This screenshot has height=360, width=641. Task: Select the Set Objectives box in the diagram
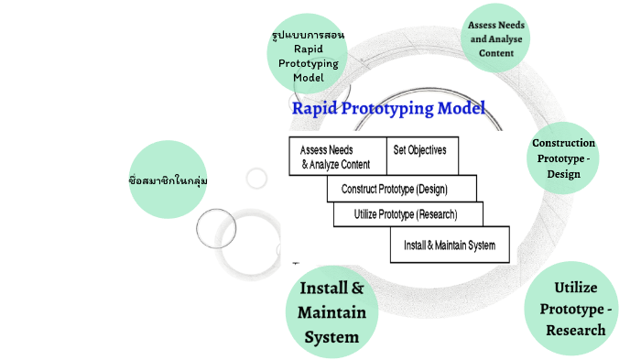421,156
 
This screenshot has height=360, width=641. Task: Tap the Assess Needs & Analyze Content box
336,157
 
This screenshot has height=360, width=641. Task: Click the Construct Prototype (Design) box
401,189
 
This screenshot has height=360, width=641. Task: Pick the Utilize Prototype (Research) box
407,214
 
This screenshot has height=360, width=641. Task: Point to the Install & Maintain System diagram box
449,245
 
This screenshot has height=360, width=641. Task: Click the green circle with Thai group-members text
168,180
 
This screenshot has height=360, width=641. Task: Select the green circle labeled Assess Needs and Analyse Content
496,39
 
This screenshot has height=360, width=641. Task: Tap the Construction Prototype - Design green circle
563,158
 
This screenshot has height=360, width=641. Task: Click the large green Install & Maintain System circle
331,312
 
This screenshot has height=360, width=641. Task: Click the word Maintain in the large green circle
331,312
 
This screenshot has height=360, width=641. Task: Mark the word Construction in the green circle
563,143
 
